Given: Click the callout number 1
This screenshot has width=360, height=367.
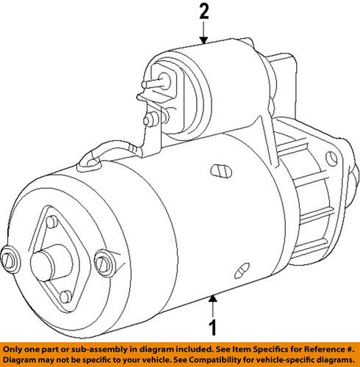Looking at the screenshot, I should [213, 327].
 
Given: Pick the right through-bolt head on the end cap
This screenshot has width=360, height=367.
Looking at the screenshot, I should [104, 259].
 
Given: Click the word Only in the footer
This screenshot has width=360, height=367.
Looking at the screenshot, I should [14, 347].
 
